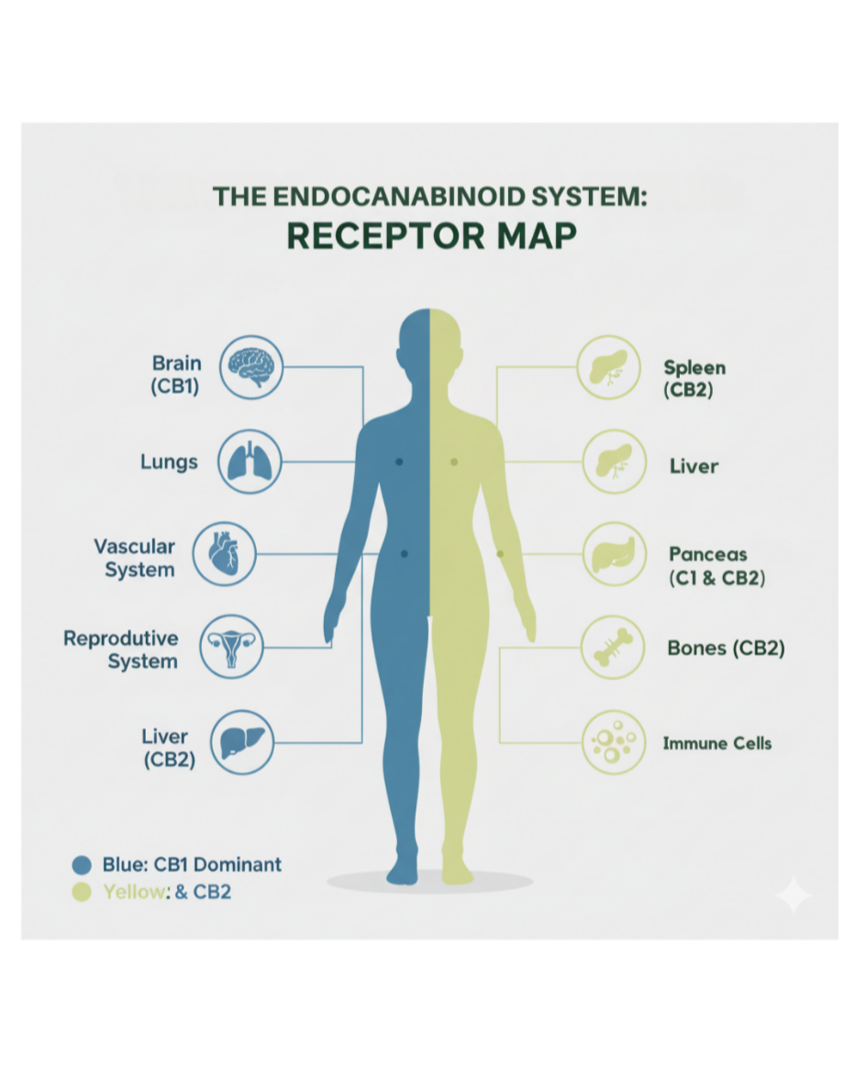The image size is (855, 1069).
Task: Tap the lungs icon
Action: [x=249, y=462]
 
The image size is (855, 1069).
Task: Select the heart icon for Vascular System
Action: [x=224, y=555]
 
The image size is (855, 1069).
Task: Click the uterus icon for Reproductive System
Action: [x=230, y=647]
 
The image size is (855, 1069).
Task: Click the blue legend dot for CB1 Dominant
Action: [x=82, y=864]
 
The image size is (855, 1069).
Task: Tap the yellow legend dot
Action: [x=82, y=891]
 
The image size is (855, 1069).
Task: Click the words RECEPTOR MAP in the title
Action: [x=431, y=235]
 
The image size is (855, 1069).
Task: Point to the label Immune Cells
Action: [x=716, y=742]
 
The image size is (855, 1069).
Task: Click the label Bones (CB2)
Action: [x=726, y=648]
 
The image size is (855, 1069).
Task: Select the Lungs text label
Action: [x=169, y=462]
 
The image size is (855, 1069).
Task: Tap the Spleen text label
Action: [x=694, y=368]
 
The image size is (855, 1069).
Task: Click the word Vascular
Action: [x=134, y=546]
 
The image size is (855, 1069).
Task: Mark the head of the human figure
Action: [x=429, y=344]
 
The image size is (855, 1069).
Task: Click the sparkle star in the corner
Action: [x=793, y=895]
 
